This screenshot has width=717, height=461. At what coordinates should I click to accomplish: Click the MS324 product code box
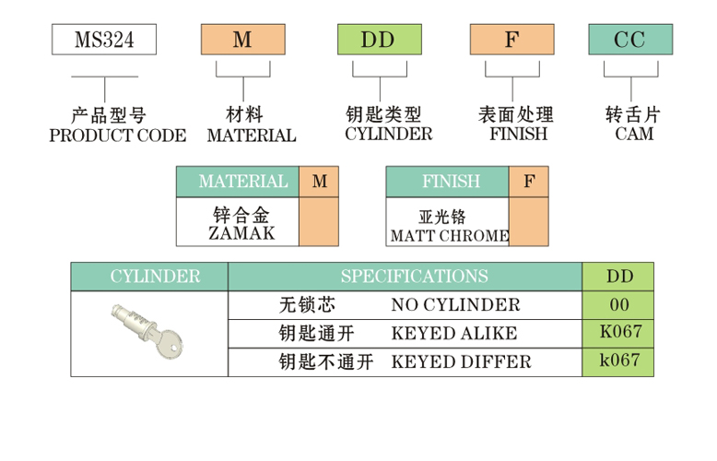(x=102, y=40)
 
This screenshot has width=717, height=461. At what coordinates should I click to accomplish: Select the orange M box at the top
(x=242, y=40)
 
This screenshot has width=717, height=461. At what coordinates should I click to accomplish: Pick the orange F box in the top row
(x=511, y=40)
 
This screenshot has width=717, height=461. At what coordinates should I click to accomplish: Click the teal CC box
(x=631, y=40)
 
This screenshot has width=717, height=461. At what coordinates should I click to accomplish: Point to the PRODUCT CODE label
(x=117, y=136)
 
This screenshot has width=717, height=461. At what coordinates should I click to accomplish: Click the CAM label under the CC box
(x=633, y=134)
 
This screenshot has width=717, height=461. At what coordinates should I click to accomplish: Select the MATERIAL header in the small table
(x=238, y=182)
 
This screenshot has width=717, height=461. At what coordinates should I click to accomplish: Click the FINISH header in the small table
(x=447, y=182)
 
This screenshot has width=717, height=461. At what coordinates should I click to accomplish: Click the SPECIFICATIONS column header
(x=414, y=277)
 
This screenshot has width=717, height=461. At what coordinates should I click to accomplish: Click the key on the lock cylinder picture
(x=167, y=346)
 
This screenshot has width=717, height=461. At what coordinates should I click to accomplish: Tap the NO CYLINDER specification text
(x=454, y=305)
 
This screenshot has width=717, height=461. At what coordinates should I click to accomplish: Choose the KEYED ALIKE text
(x=453, y=333)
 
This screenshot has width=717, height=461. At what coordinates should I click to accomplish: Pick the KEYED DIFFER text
(x=461, y=361)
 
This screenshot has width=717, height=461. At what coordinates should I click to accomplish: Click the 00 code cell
(x=617, y=305)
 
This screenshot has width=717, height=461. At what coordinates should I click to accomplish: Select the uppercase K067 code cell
(x=617, y=332)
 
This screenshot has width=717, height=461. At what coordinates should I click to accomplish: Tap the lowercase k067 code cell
(x=617, y=361)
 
